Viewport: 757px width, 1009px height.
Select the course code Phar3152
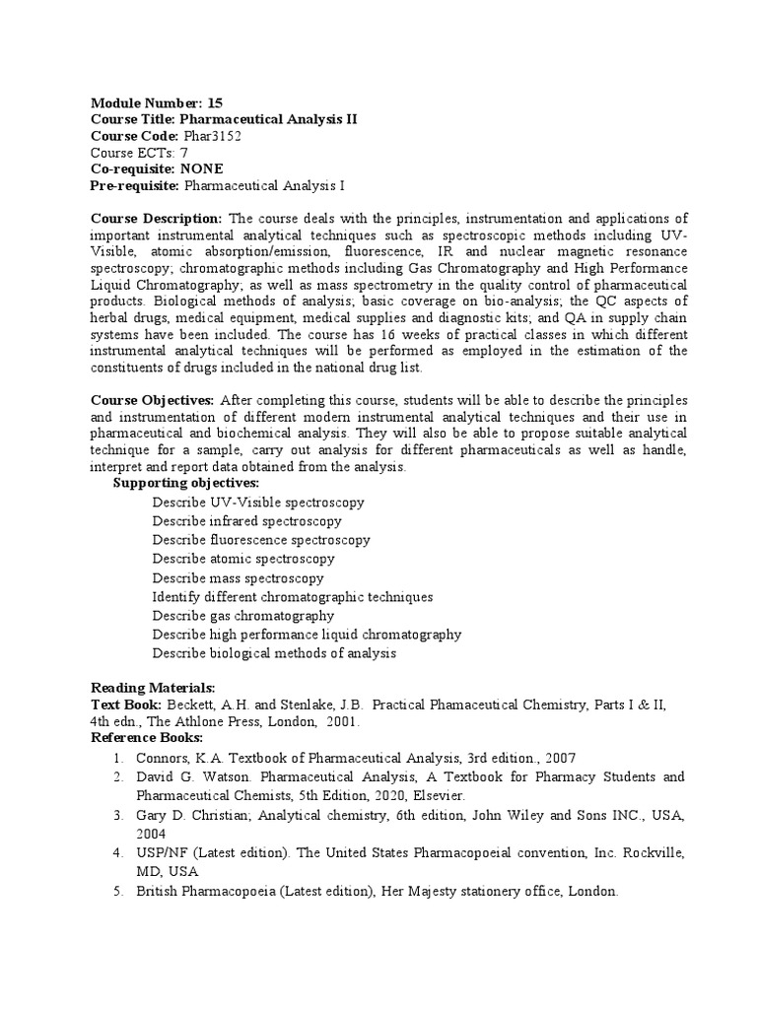point(212,135)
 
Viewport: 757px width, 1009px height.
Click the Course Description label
point(157,218)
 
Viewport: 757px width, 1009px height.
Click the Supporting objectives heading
point(186,483)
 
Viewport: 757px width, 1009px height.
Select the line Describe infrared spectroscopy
point(246,520)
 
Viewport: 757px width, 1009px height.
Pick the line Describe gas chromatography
point(242,616)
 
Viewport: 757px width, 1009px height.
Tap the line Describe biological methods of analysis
point(273,653)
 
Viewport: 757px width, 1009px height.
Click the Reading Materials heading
point(153,687)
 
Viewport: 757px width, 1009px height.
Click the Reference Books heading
point(147,738)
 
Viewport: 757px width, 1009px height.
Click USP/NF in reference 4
point(161,852)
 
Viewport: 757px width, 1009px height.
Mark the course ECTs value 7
point(183,152)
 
